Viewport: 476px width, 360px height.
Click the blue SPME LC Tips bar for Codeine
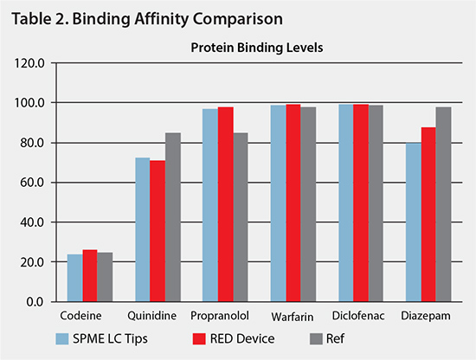coord(74,278)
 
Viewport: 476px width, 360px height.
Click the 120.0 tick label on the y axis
coord(32,63)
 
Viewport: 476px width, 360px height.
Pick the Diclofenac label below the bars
coord(361,318)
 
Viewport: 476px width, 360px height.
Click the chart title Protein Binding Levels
coord(256,48)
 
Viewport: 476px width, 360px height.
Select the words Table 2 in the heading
coord(35,17)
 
